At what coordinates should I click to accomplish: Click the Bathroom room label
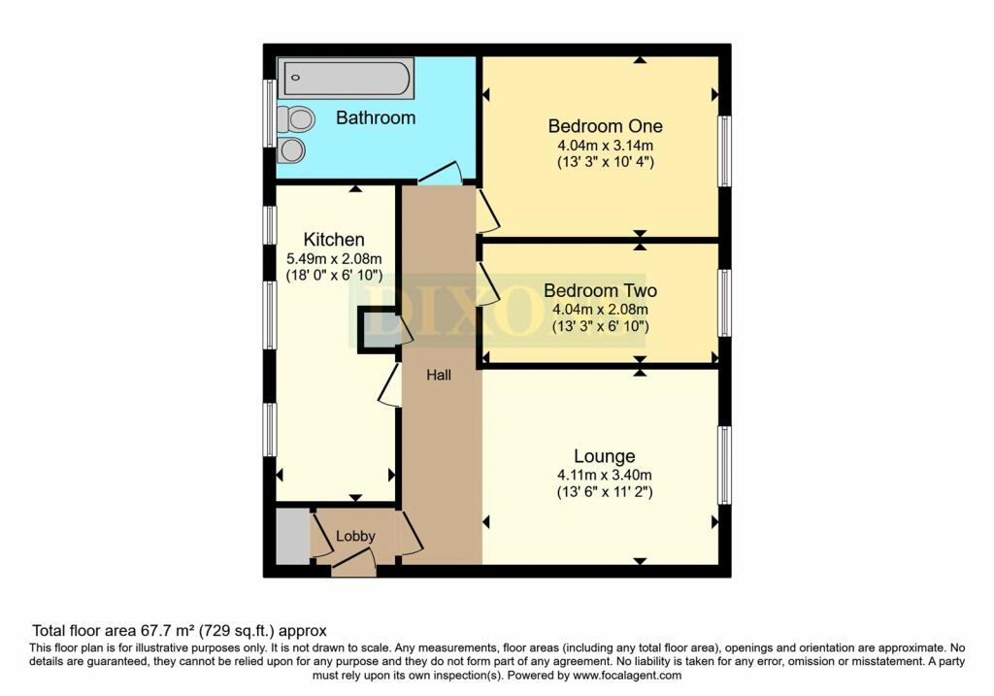tap(376, 117)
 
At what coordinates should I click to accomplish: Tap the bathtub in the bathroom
tap(346, 79)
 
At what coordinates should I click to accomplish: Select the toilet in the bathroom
tap(295, 118)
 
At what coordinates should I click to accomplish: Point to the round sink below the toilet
tap(291, 150)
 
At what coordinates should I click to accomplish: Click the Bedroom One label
tap(606, 126)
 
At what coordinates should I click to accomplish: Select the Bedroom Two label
tap(600, 291)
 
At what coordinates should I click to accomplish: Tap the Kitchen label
tap(334, 240)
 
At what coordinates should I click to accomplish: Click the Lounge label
tap(604, 456)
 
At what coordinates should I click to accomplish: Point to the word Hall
tap(439, 376)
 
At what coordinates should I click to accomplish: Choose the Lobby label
tap(355, 536)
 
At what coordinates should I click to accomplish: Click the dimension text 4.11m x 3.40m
tap(604, 475)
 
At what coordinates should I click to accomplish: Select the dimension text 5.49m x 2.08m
tap(334, 258)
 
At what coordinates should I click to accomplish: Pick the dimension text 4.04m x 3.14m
tap(606, 146)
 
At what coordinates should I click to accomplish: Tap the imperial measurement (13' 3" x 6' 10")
tap(600, 326)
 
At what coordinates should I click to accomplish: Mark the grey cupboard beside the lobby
tap(293, 536)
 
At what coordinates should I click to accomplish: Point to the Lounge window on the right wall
tap(724, 465)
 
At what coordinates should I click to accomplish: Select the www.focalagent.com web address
tap(627, 676)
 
